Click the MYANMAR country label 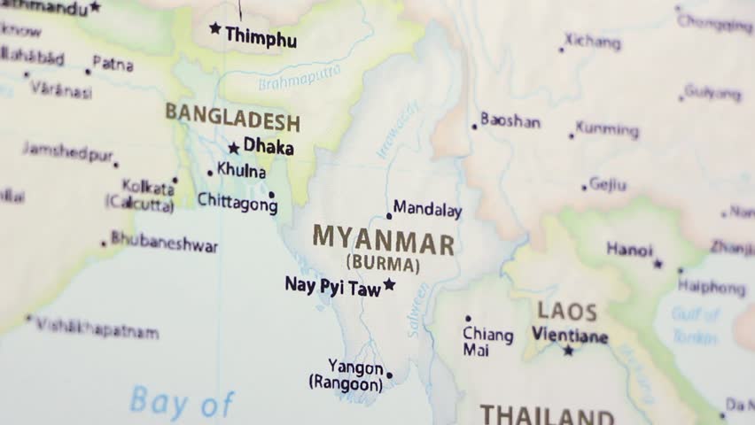(383, 240)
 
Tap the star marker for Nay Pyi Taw (388, 284)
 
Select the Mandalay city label (427, 210)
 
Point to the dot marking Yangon (389, 375)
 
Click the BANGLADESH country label (232, 115)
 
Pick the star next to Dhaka (234, 148)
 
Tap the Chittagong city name (237, 202)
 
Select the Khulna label (241, 172)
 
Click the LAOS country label (566, 313)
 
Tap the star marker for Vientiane (568, 351)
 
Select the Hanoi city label (629, 251)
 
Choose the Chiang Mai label (487, 342)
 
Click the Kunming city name (607, 130)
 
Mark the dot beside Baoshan (474, 127)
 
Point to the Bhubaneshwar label (164, 243)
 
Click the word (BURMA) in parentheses (383, 264)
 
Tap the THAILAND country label (547, 415)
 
